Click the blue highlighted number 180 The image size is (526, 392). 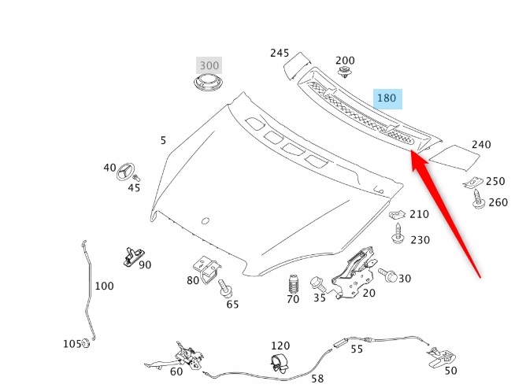pos(387,98)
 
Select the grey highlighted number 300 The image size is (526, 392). pos(209,65)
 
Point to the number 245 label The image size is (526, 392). pos(280,53)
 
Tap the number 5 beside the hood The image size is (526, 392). pos(163,140)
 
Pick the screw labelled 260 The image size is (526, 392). pos(478,203)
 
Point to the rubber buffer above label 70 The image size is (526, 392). pos(293,283)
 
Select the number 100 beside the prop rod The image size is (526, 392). pos(104,286)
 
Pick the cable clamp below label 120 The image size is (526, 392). pos(278,363)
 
